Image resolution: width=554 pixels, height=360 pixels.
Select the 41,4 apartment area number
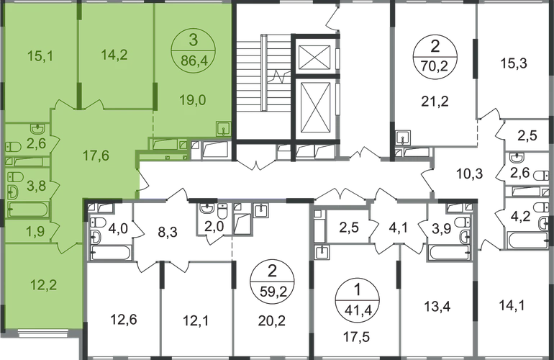point(353,292)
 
